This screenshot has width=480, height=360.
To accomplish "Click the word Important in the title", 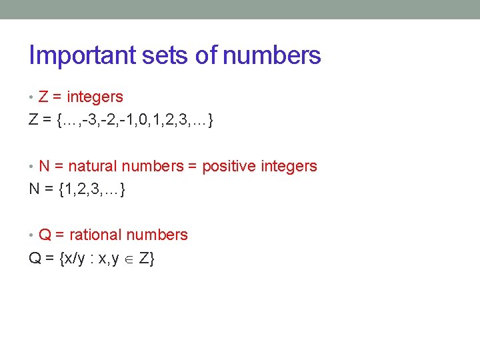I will pos(83,56).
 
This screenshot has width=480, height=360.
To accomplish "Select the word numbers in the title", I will pos(271,56).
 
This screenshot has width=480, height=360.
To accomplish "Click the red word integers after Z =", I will pos(95,97).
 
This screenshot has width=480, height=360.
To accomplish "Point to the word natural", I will pos(91,166).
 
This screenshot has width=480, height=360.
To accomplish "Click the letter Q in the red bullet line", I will pos(45,235).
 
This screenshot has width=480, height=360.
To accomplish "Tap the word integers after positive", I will pos(288,166).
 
